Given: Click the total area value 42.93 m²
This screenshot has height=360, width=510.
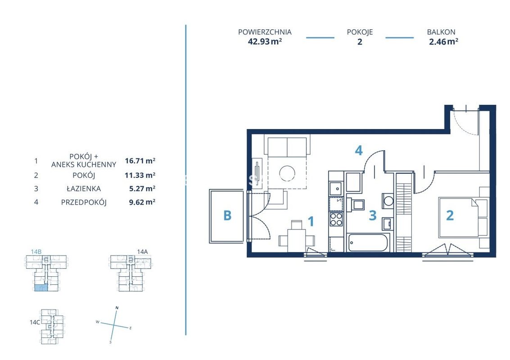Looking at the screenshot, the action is [x=265, y=42].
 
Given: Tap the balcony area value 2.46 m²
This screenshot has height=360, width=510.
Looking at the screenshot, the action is [x=444, y=42].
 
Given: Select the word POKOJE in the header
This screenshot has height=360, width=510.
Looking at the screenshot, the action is [x=360, y=32].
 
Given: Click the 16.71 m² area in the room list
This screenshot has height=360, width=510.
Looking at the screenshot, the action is [x=140, y=161].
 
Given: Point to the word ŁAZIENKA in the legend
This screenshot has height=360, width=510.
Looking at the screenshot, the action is [x=84, y=189].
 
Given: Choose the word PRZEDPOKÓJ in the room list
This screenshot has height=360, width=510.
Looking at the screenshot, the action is [x=84, y=202].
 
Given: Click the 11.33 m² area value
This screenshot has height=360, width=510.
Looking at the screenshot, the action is [x=140, y=175].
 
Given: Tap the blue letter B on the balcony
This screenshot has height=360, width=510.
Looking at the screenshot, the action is [x=227, y=215].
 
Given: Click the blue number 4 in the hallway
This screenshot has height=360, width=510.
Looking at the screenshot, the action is [x=358, y=150].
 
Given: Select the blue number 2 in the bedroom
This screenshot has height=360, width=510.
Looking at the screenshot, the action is [x=450, y=215].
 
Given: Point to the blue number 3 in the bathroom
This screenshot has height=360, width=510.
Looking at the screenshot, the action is [x=373, y=215].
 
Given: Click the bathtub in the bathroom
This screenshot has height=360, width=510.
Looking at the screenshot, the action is [x=368, y=242].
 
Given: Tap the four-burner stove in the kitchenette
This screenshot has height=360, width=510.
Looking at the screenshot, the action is [x=336, y=219].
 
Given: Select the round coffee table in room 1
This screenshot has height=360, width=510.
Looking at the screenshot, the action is [x=288, y=173].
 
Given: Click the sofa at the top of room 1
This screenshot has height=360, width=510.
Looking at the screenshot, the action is [x=287, y=146].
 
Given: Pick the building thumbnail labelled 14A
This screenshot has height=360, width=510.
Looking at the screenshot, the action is [x=130, y=273].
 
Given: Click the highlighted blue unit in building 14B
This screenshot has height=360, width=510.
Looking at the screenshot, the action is [x=41, y=288].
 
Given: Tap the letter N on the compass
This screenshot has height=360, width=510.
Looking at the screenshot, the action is [x=117, y=308].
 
